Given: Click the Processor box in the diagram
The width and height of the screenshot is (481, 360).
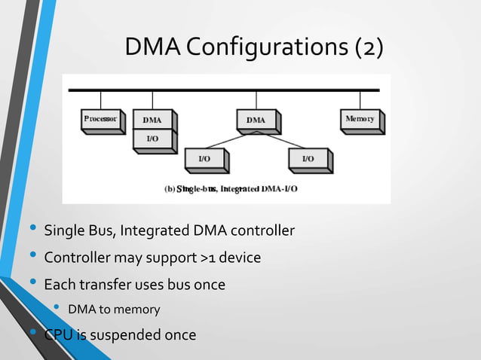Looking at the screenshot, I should pyautogui.click(x=102, y=120).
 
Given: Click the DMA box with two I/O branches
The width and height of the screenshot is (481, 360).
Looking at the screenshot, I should pyautogui.click(x=256, y=120).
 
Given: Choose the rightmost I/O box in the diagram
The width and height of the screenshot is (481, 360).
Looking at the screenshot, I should pyautogui.click(x=309, y=159).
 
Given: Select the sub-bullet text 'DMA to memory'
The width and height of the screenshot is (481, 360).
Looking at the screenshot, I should pyautogui.click(x=113, y=309).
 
